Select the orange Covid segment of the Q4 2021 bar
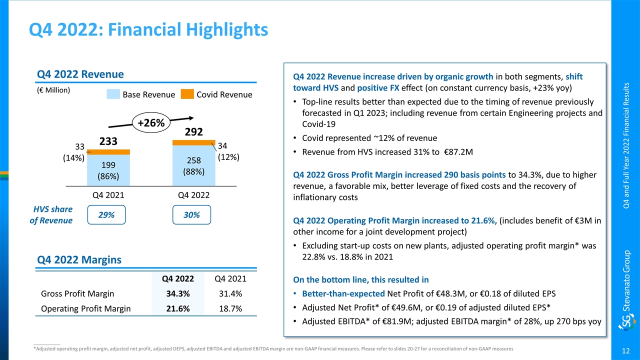[108, 152]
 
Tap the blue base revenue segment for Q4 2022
[193, 165]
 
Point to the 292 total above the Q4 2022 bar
[193, 132]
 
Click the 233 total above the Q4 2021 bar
[107, 141]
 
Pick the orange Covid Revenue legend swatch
[187, 94]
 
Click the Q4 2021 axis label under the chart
[108, 195]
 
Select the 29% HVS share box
[106, 214]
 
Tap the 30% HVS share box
[192, 214]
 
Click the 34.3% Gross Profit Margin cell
[177, 293]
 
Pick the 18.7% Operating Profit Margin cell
[231, 308]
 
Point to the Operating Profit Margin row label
[85, 308]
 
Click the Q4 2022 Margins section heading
[79, 259]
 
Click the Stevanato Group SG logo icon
[626, 323]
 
